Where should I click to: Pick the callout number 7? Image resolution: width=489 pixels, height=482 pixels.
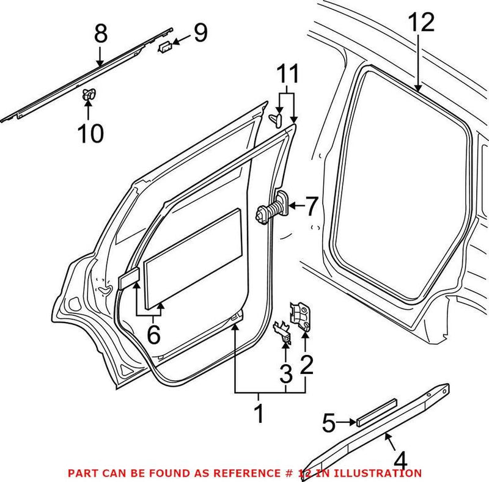[x=311, y=207]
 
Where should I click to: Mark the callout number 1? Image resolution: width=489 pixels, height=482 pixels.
[x=259, y=414]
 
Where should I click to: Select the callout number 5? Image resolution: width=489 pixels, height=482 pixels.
[x=329, y=421]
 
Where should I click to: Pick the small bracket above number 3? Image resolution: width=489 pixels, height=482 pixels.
[x=282, y=330]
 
